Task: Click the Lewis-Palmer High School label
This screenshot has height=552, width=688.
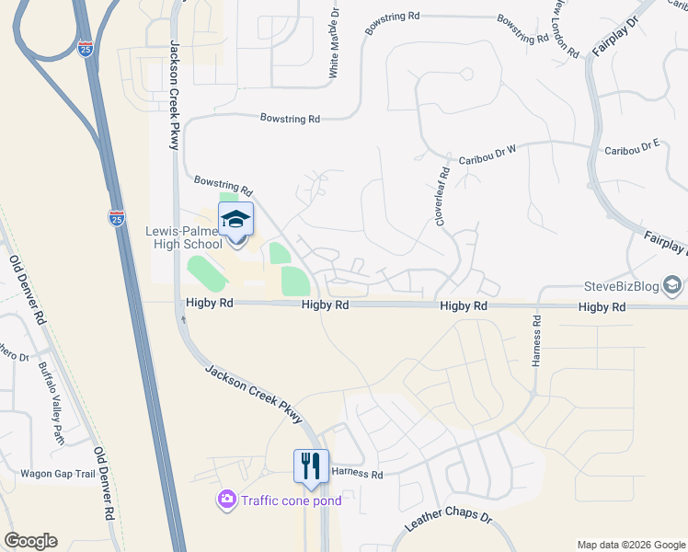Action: (x=184, y=239)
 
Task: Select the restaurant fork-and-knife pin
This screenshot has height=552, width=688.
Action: (x=311, y=466)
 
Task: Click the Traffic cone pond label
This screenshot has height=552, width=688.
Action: (x=291, y=500)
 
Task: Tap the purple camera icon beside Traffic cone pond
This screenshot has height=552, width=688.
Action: (x=226, y=500)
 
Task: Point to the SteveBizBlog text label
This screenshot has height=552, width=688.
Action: (x=622, y=287)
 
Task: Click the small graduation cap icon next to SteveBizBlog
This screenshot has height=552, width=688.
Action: (x=674, y=287)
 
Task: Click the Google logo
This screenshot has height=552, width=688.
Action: (x=30, y=541)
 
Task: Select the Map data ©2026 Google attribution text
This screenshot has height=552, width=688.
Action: (x=630, y=544)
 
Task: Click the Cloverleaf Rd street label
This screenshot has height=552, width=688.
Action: (x=443, y=195)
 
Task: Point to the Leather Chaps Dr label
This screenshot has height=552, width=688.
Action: (x=449, y=523)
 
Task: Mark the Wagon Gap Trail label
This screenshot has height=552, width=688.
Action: (x=58, y=475)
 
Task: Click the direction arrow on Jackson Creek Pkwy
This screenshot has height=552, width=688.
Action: (x=183, y=319)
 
